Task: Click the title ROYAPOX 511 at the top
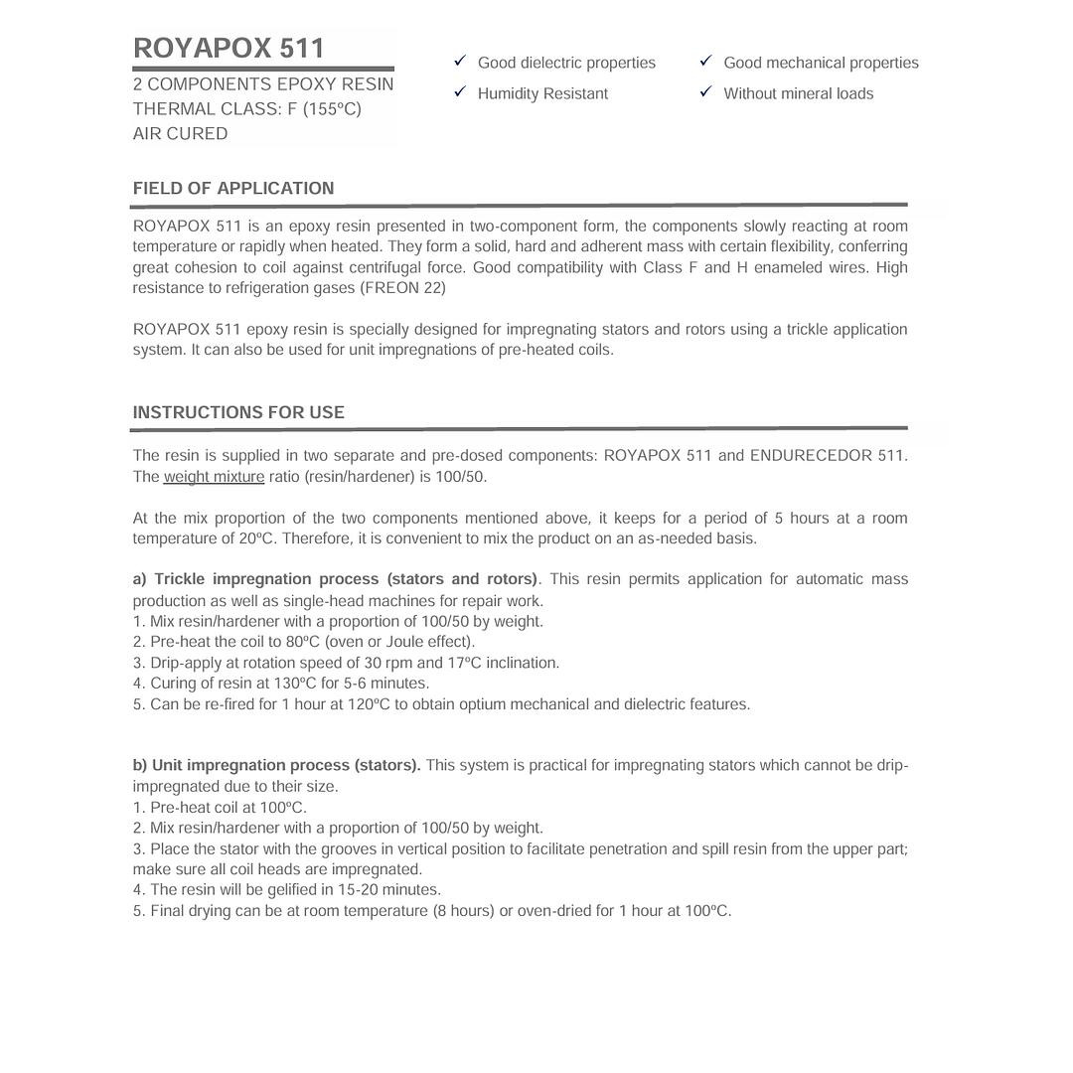(229, 49)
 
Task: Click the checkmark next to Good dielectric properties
(460, 62)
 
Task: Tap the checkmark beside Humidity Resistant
(460, 92)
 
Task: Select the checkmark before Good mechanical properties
(705, 62)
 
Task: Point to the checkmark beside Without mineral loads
(705, 92)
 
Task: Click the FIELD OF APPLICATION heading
(233, 189)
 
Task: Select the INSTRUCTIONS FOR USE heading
(238, 412)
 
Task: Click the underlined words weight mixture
(214, 477)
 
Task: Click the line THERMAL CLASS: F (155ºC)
(247, 109)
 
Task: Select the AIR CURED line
(180, 134)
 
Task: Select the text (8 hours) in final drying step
(463, 911)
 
